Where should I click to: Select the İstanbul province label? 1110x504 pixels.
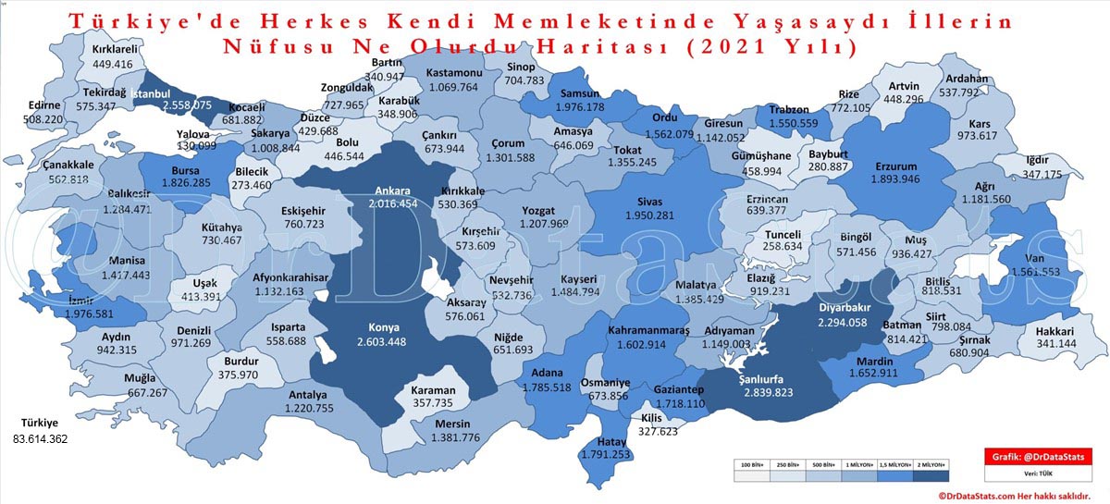coord(150,93)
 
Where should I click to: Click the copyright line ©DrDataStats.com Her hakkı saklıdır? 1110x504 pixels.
coord(1021,496)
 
